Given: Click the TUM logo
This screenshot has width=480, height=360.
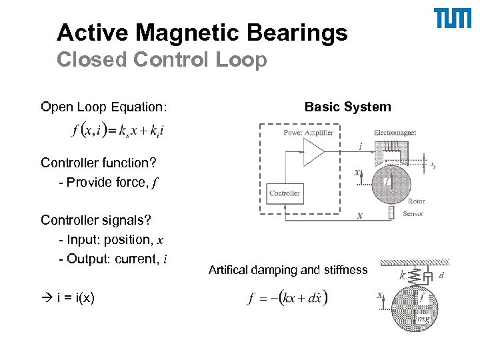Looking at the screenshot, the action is (x=453, y=19).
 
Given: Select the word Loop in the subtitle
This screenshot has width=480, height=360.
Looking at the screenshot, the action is (x=244, y=60).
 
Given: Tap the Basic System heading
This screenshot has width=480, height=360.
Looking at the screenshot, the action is (x=347, y=107).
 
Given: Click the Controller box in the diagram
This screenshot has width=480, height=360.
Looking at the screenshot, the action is (x=285, y=194).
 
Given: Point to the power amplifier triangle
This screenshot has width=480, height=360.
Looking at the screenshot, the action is (x=313, y=153).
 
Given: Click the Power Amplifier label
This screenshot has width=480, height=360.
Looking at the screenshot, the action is (x=307, y=133).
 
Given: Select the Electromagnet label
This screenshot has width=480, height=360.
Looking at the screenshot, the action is (x=395, y=133).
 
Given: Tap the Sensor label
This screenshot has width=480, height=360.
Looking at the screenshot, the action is (x=413, y=213).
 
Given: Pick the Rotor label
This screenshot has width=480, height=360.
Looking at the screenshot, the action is (x=416, y=201).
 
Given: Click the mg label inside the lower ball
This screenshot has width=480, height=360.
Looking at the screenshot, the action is (x=423, y=319).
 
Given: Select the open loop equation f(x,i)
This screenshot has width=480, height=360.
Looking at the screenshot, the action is (x=116, y=131).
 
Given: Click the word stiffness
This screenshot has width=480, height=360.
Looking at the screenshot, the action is (x=345, y=270).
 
